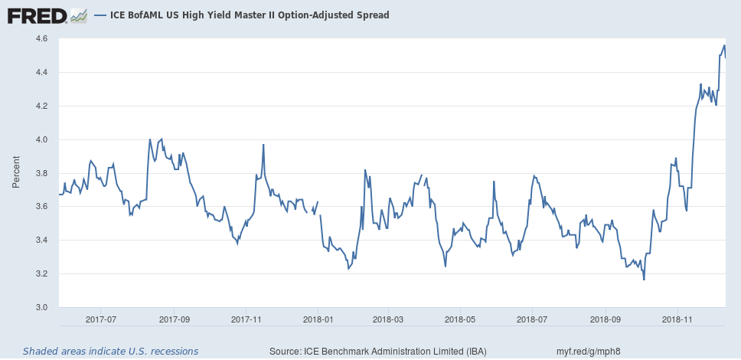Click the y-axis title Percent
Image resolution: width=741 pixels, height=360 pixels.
[16, 172]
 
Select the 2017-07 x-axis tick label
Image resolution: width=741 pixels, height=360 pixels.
[101, 319]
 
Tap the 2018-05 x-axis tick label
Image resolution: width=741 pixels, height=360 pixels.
[461, 319]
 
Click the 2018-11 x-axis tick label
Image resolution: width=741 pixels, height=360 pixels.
[677, 319]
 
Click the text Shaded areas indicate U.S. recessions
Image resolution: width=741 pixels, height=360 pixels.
[110, 351]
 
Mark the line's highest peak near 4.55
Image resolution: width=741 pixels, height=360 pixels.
[724, 45]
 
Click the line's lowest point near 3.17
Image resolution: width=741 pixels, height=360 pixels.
[644, 280]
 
